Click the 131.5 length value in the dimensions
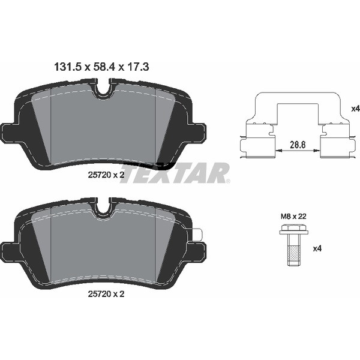(x=67, y=67)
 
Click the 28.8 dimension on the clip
(x=298, y=145)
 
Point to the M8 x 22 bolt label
(x=293, y=216)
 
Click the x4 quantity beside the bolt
(x=317, y=248)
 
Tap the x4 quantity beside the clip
(x=356, y=109)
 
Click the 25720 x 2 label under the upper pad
(x=106, y=175)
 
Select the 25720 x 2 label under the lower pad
(x=106, y=294)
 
